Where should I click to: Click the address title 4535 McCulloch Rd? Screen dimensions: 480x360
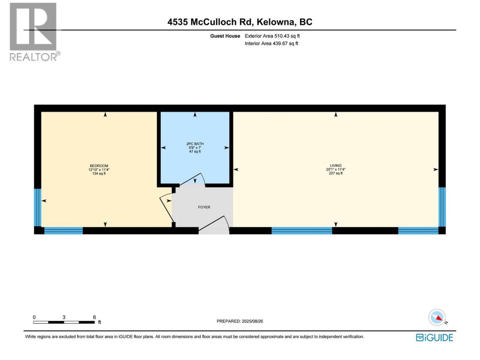pyautogui.click(x=210, y=22)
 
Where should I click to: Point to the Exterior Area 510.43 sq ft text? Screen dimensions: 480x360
pyautogui.click(x=272, y=36)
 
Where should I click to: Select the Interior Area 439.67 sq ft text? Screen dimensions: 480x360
pyautogui.click(x=271, y=43)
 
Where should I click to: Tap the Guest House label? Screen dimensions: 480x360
pyautogui.click(x=225, y=36)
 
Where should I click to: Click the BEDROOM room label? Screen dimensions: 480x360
pyautogui.click(x=99, y=166)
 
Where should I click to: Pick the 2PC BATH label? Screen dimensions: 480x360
pyautogui.click(x=195, y=144)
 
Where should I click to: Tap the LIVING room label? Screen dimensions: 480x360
pyautogui.click(x=336, y=166)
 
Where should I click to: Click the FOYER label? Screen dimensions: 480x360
pyautogui.click(x=204, y=207)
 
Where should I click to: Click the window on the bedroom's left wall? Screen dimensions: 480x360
pyautogui.click(x=37, y=207)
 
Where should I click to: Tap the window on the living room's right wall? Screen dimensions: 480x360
pyautogui.click(x=442, y=207)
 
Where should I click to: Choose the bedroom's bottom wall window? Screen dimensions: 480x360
pyautogui.click(x=63, y=231)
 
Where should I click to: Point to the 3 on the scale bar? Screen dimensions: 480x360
pyautogui.click(x=64, y=317)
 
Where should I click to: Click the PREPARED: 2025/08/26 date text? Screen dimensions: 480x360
pyautogui.click(x=240, y=321)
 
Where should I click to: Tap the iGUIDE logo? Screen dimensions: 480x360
pyautogui.click(x=434, y=338)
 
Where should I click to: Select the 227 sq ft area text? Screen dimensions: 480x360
pyautogui.click(x=336, y=173)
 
